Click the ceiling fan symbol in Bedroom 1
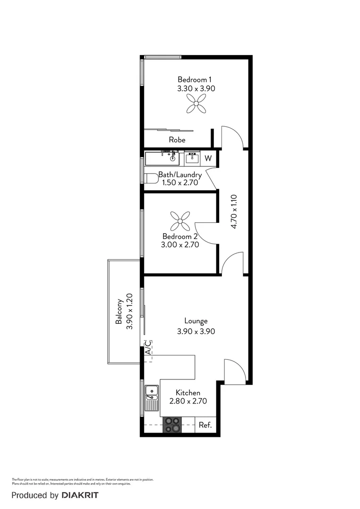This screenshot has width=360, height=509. click(196, 103)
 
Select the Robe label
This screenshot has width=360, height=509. click(177, 140)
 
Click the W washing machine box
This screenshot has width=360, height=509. click(208, 158)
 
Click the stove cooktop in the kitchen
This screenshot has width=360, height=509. click(172, 425)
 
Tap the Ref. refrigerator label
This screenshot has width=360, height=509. click(205, 425)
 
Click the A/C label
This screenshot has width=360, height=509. click(148, 347)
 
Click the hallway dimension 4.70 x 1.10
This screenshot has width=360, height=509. click(233, 212)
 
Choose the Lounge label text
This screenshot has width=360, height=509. click(196, 321)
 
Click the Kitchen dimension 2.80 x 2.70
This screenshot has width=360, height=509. click(188, 402)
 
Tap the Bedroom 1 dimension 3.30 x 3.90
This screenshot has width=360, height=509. click(196, 88)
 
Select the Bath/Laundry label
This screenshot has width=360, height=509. click(180, 175)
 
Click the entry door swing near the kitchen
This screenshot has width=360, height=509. click(234, 370)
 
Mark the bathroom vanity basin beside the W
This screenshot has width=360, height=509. click(192, 158)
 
